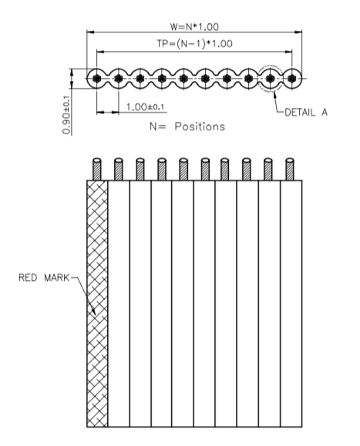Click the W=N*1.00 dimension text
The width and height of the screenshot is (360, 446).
coord(194,25)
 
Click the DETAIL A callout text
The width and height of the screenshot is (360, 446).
coord(307,113)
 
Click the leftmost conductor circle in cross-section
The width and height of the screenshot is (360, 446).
coord(96,78)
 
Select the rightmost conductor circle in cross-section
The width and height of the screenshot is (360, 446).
coord(294,78)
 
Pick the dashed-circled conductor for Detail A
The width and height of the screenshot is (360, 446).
coord(271,78)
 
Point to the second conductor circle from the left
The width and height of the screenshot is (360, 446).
coord(118,78)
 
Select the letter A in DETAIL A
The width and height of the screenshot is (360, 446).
coord(325,113)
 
